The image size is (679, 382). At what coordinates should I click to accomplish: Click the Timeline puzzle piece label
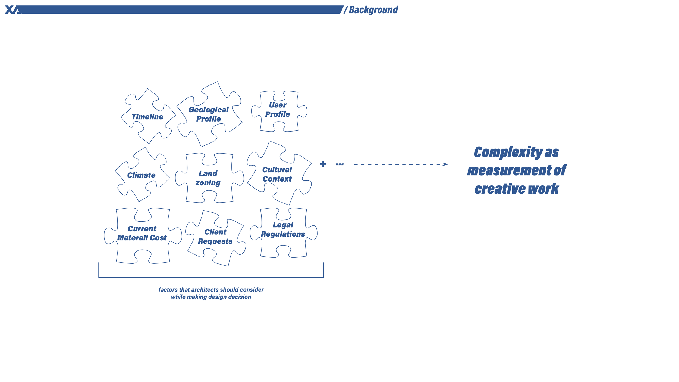(x=147, y=117)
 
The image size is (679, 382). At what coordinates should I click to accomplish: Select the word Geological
(x=209, y=110)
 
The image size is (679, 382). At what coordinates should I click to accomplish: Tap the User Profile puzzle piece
(x=279, y=111)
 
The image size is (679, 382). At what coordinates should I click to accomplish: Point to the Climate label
(x=141, y=175)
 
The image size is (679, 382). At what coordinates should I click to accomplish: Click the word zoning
(x=208, y=183)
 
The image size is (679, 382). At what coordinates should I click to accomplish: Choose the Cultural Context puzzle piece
(x=279, y=173)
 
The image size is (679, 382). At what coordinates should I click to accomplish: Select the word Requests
(x=215, y=241)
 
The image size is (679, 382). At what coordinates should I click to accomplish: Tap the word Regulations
(x=283, y=234)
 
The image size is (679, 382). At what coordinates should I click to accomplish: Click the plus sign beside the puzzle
(x=323, y=164)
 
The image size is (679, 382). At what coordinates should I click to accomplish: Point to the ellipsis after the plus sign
(x=340, y=164)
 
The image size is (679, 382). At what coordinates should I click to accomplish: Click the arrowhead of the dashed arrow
(x=445, y=164)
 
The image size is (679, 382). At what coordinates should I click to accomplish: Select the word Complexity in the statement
(x=508, y=152)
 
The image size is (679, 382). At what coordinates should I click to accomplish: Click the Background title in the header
(x=373, y=10)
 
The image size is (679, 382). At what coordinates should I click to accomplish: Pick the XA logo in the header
(x=13, y=9)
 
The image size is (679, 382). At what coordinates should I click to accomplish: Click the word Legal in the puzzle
(x=283, y=225)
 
